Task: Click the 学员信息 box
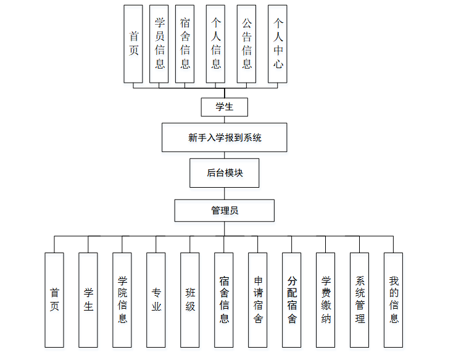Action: [159, 44]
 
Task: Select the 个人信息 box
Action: [215, 44]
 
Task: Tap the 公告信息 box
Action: [246, 44]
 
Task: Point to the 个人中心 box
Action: [278, 44]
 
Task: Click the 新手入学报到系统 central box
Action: [225, 137]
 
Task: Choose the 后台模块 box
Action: [224, 173]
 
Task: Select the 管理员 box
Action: [224, 210]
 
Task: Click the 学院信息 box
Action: [122, 299]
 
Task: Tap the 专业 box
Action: [156, 299]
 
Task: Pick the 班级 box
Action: [190, 299]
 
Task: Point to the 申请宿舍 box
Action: [258, 299]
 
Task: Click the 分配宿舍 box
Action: [292, 299]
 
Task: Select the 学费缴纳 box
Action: [326, 299]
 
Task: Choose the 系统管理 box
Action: [360, 299]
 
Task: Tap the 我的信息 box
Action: [394, 299]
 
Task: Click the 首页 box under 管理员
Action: [54, 299]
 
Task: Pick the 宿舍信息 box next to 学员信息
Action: [185, 44]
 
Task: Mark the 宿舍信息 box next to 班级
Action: [224, 299]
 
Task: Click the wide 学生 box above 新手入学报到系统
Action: [224, 107]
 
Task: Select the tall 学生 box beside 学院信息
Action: [88, 299]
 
